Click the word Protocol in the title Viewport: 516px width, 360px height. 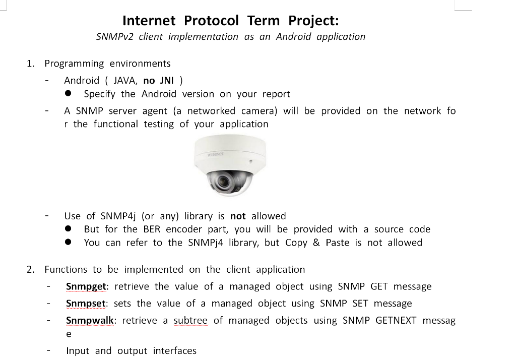click(x=211, y=21)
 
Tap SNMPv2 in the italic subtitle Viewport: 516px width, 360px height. click(x=113, y=37)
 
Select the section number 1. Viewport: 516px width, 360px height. click(x=31, y=64)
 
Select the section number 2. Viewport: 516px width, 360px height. click(x=31, y=270)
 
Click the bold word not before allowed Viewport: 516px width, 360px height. click(x=238, y=216)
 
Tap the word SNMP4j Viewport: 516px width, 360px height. click(x=119, y=216)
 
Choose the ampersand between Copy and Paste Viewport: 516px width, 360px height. click(x=316, y=243)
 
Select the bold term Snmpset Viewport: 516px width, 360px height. click(x=86, y=304)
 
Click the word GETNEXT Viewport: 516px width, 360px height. click(x=396, y=321)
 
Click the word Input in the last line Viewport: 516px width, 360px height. click(x=78, y=351)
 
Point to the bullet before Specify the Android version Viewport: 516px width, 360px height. click(x=68, y=94)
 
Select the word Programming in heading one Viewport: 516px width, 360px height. click(x=74, y=64)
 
